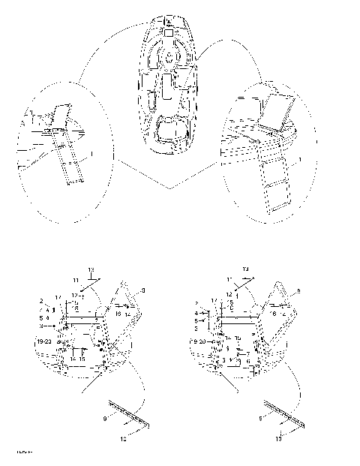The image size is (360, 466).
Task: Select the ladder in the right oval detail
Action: (274, 176)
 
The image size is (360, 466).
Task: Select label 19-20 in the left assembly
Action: (44, 341)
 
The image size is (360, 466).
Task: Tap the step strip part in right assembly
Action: (282, 413)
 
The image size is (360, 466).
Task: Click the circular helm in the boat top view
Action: (170, 57)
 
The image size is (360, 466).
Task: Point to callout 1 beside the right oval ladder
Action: (300, 160)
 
